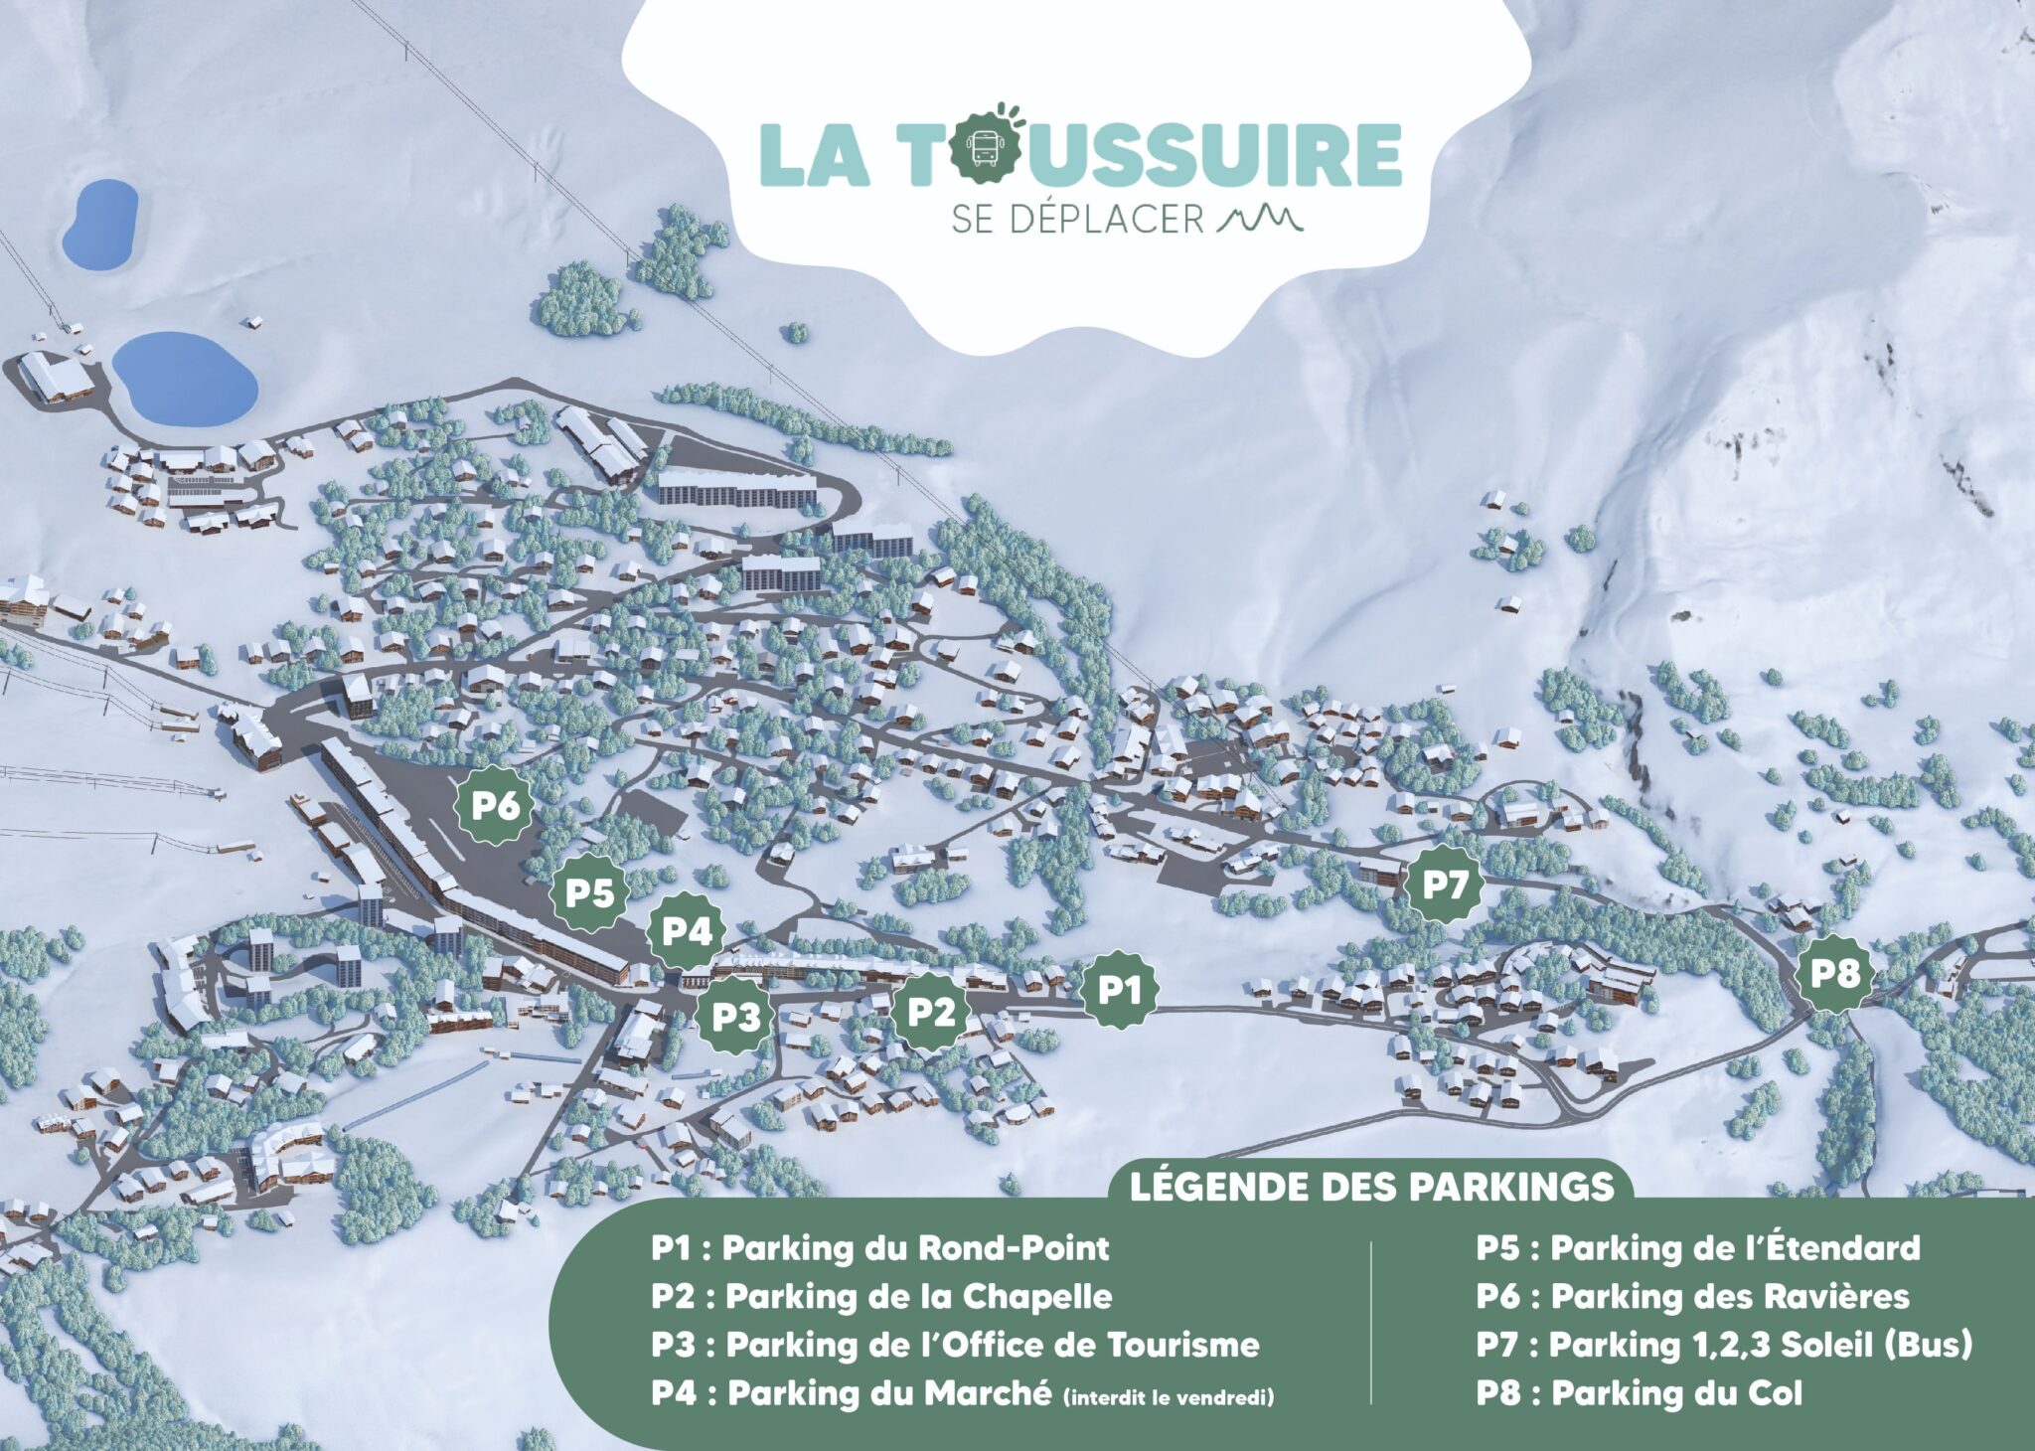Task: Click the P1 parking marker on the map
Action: click(1120, 990)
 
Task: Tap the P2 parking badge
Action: click(931, 1012)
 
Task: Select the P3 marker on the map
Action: click(736, 1016)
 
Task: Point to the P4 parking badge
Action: click(687, 931)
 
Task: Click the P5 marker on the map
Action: click(590, 892)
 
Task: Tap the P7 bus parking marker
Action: click(1444, 884)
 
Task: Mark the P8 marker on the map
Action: click(1834, 972)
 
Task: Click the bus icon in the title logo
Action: click(985, 151)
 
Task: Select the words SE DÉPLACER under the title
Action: click(1077, 220)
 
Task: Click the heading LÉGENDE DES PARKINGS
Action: click(1371, 1187)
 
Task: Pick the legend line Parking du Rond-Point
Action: click(879, 1248)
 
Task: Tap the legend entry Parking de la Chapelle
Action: click(881, 1296)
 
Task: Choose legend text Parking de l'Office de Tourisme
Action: click(955, 1345)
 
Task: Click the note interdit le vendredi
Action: click(1168, 1398)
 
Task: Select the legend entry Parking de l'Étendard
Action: click(1697, 1248)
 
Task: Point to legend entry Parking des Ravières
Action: click(1692, 1296)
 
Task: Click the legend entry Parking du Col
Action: click(1639, 1393)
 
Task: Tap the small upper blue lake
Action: click(99, 224)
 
